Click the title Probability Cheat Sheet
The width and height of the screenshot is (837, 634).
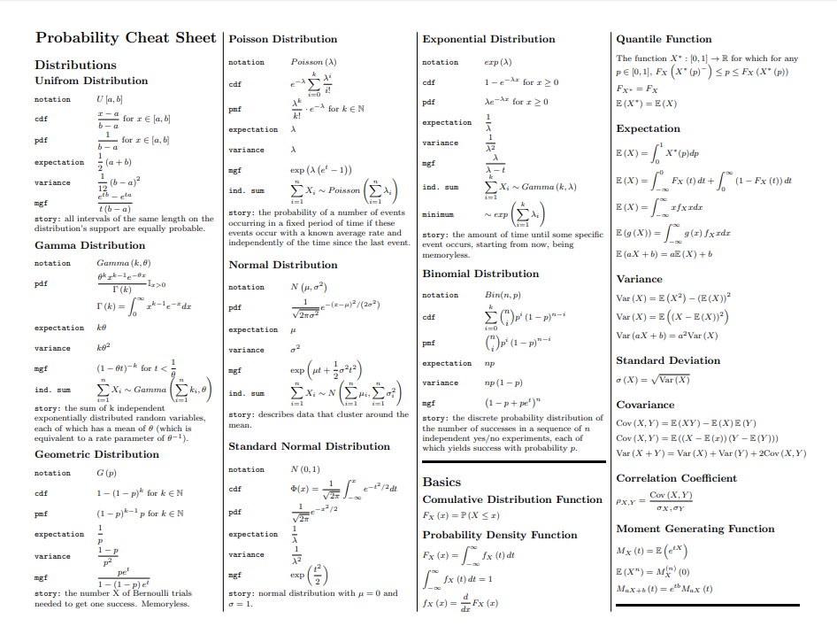(x=125, y=38)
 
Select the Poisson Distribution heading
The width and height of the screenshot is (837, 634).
(x=282, y=39)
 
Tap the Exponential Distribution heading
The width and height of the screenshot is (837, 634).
(x=488, y=39)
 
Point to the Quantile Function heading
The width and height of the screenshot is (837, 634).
(x=664, y=39)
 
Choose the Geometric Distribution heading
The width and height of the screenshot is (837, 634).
(x=96, y=454)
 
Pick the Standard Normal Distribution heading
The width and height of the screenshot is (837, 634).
(x=309, y=446)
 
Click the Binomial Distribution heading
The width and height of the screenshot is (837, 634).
(x=480, y=274)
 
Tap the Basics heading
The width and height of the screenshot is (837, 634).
(x=442, y=482)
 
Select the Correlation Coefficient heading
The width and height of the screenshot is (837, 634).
(x=676, y=478)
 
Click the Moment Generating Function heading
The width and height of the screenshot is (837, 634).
(x=695, y=529)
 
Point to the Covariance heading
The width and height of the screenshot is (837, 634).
(x=645, y=405)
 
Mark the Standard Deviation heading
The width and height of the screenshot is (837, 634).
(x=668, y=360)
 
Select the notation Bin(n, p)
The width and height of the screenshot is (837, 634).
(x=502, y=295)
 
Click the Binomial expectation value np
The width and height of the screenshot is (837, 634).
(x=490, y=363)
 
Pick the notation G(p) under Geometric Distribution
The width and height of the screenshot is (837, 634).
(x=105, y=473)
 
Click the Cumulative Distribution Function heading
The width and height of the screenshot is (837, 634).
(x=512, y=499)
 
